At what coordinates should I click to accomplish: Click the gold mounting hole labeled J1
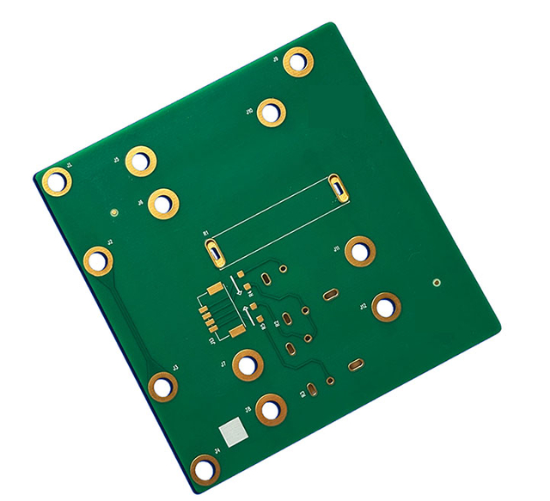pos(57,181)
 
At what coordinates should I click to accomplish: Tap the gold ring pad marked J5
pos(140,161)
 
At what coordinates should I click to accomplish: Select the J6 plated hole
pos(162,204)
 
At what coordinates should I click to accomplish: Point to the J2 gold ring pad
pos(99,260)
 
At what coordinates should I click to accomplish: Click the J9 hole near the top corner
pos(298,62)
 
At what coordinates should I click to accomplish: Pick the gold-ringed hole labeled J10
pos(272,112)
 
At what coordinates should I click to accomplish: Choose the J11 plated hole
pos(360,251)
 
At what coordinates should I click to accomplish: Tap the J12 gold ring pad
pos(387,306)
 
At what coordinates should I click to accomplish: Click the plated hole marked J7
pos(247,365)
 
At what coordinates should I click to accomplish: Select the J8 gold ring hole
pos(271,409)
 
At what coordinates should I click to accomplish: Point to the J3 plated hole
pos(162,387)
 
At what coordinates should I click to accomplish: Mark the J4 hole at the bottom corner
pos(205,468)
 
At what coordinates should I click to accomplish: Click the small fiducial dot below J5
pos(114,210)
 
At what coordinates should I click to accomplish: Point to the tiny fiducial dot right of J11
pos(437,282)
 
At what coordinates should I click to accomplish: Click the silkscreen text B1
pos(205,234)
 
